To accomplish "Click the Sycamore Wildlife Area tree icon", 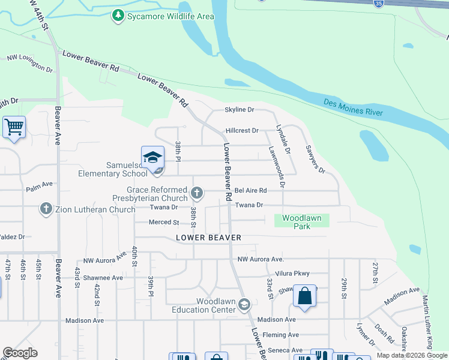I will [119, 16].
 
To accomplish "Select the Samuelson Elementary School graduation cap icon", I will [152, 157].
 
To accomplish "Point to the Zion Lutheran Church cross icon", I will [46, 209].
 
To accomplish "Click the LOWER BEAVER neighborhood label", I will [209, 238].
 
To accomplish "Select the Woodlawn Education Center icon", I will [244, 305].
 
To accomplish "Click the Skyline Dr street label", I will [240, 110].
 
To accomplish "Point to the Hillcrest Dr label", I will [242, 130].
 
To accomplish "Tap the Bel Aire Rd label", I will [250, 190].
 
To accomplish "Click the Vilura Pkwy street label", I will [294, 272].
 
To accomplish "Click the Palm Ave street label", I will [40, 188].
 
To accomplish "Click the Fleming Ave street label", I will [285, 335].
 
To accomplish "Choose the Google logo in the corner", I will [20, 353].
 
